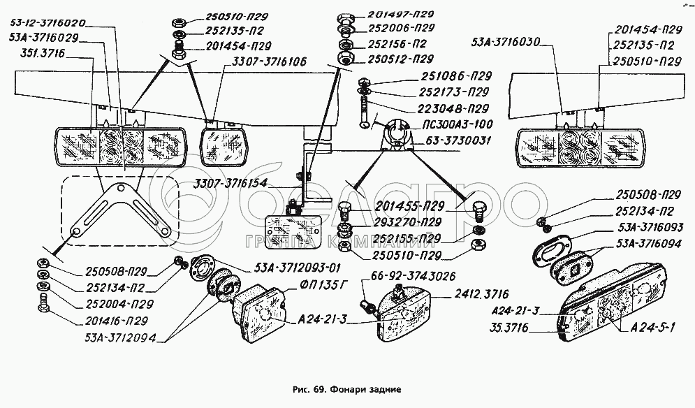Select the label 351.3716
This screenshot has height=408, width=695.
pyautogui.click(x=43, y=54)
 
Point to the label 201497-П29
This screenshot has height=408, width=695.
pyautogui.click(x=401, y=14)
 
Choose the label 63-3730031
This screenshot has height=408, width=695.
pyautogui.click(x=458, y=140)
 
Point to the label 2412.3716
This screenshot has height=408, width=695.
pyautogui.click(x=481, y=294)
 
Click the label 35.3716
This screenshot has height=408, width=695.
pyautogui.click(x=509, y=328)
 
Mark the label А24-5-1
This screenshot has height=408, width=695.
pyautogui.click(x=652, y=328)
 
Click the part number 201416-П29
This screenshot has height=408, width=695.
pyautogui.click(x=116, y=320)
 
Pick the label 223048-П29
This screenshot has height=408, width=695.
pyautogui.click(x=453, y=108)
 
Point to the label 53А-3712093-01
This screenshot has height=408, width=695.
pyautogui.click(x=298, y=268)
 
